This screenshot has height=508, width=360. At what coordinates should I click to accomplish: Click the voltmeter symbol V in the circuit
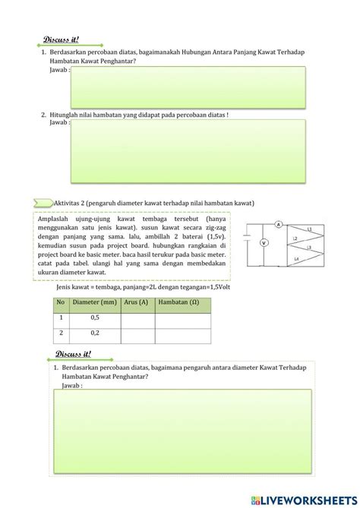[x=264, y=243]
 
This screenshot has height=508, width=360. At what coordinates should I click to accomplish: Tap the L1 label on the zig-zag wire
[x=308, y=229]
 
